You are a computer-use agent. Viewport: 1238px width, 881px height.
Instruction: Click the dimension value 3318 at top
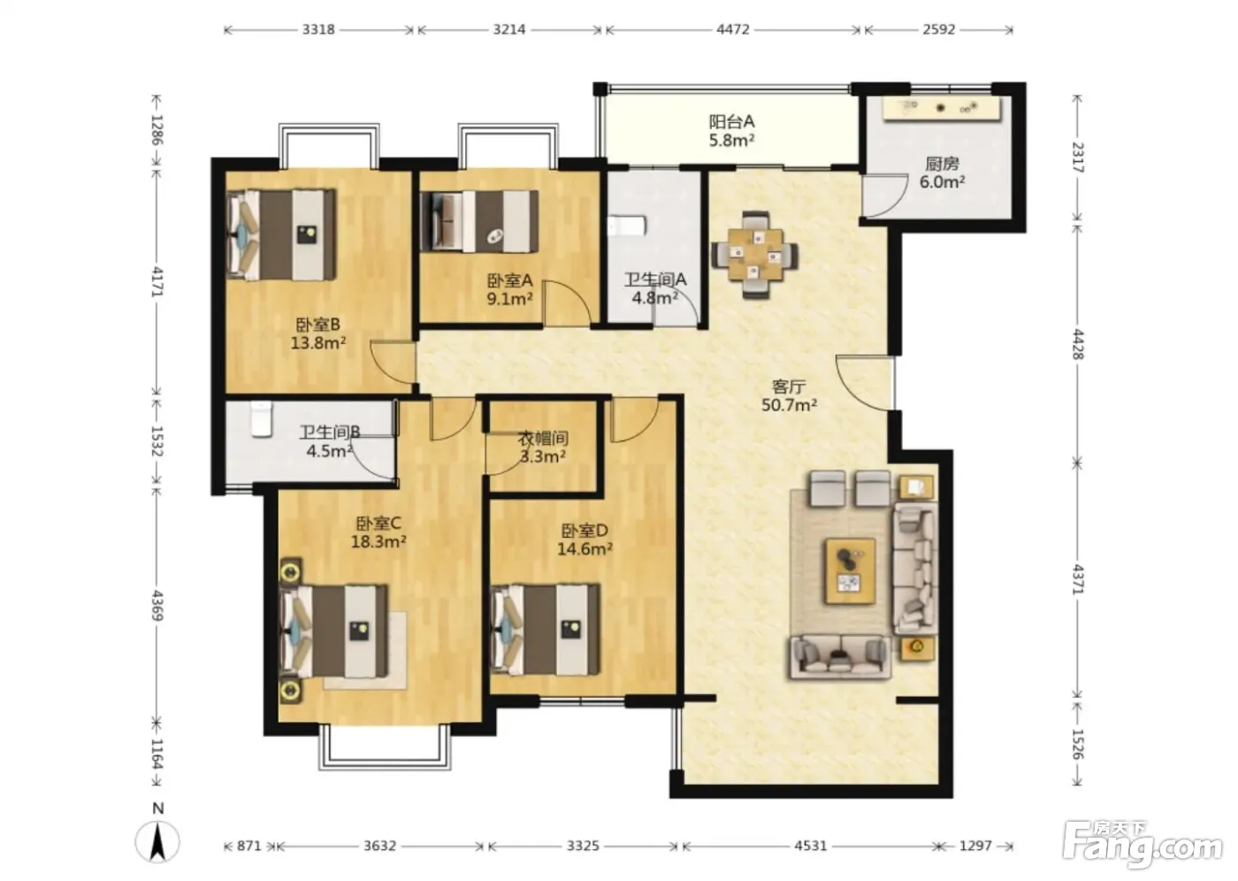point(318,29)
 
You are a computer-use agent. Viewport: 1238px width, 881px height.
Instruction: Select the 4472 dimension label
point(733,29)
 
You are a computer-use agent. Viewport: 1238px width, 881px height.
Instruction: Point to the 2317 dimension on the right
point(1078,157)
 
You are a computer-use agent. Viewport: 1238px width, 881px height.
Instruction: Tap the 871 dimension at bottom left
point(248,846)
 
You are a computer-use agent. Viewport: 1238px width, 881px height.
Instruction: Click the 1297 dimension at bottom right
point(975,846)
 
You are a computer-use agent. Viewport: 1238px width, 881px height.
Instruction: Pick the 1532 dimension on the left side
point(157,440)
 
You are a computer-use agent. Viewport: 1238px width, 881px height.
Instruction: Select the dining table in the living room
point(755,256)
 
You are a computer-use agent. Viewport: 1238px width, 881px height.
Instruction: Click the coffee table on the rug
point(850,571)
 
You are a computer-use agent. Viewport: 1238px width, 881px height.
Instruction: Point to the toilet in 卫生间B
point(262,419)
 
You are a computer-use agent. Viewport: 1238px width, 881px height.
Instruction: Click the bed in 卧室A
point(479,222)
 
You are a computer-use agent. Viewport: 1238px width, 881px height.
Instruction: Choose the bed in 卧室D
point(545,630)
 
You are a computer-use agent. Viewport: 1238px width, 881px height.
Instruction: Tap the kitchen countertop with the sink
point(941,108)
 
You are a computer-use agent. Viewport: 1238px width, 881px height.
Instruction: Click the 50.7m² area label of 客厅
point(789,405)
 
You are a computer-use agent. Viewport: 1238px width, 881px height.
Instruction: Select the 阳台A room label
point(732,121)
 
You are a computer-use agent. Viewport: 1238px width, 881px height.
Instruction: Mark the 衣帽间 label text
point(543,439)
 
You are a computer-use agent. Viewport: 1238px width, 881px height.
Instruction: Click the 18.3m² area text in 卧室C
point(378,541)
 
